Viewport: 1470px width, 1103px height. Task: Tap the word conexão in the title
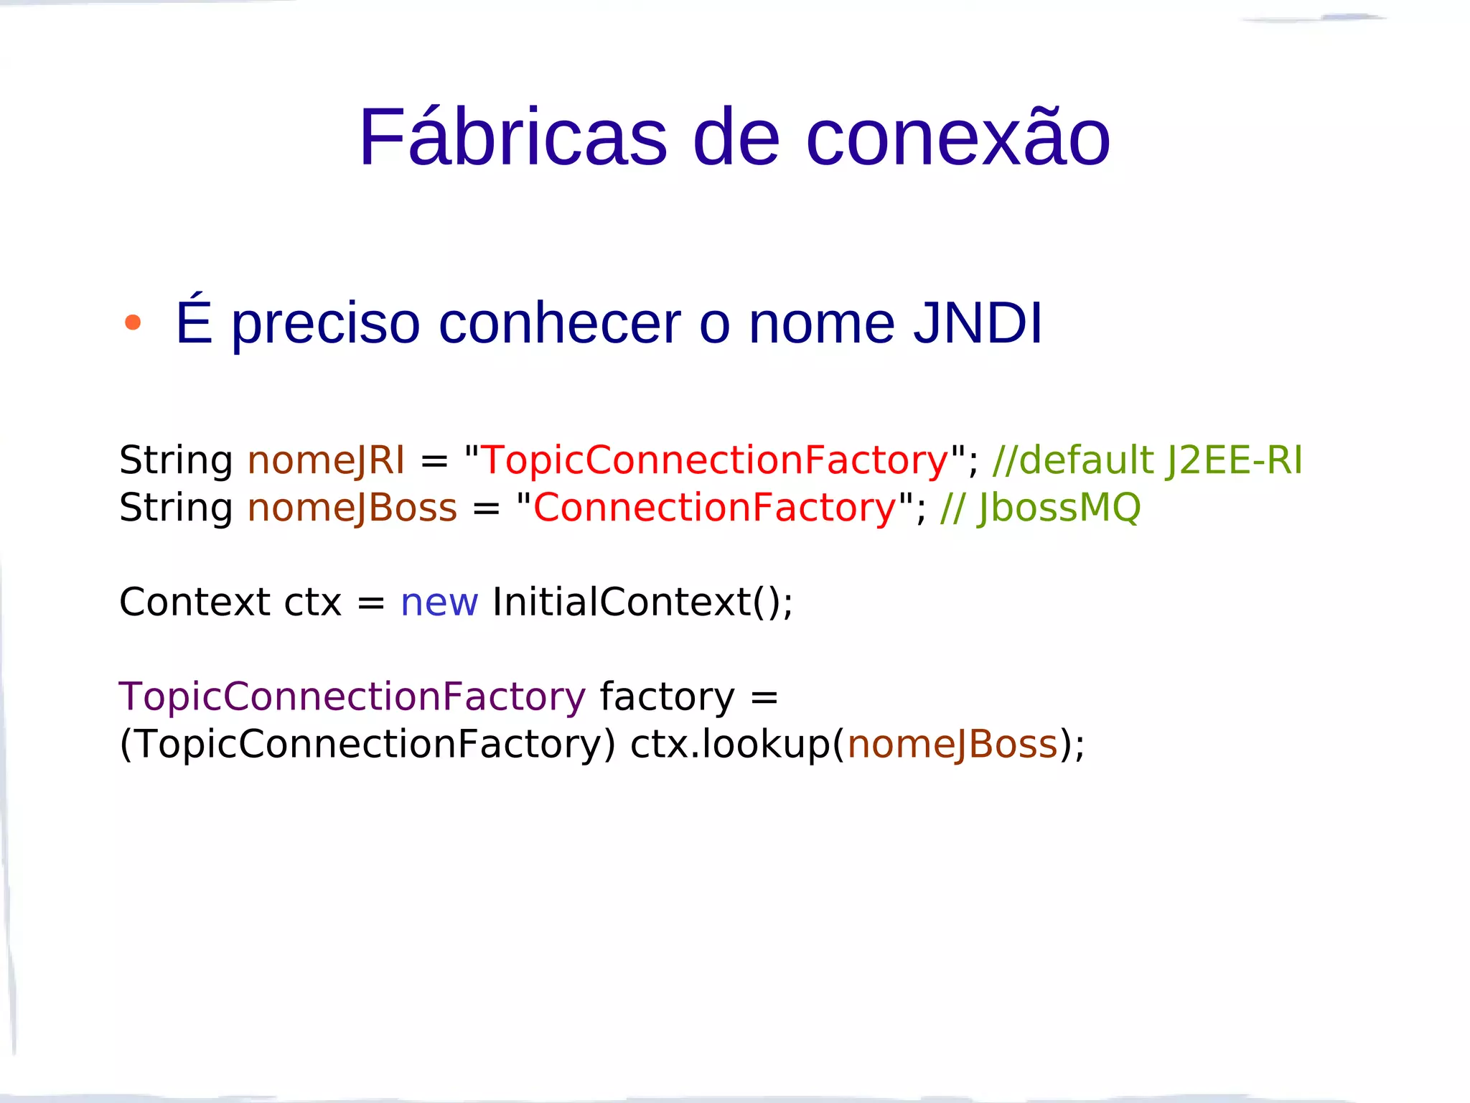958,137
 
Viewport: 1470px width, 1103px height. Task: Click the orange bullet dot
132,322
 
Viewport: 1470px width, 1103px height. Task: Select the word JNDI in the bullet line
978,322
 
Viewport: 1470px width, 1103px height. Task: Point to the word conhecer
559,322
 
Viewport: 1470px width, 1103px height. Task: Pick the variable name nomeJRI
326,460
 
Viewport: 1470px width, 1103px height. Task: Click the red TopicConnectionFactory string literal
715,460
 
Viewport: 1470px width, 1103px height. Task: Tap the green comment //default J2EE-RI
1146,460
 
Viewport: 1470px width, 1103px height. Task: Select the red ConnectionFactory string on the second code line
715,508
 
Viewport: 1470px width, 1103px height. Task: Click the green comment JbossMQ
1058,508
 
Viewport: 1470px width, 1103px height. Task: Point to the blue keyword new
439,602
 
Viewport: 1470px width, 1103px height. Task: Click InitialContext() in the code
642,602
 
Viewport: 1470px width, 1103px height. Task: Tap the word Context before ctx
195,602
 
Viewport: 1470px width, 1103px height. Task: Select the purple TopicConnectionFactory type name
352,697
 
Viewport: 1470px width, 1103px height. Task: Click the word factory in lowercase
667,697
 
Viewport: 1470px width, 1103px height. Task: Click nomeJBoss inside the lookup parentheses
952,744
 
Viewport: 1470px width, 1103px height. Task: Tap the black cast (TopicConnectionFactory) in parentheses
367,744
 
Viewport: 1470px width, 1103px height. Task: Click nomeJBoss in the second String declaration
352,508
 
